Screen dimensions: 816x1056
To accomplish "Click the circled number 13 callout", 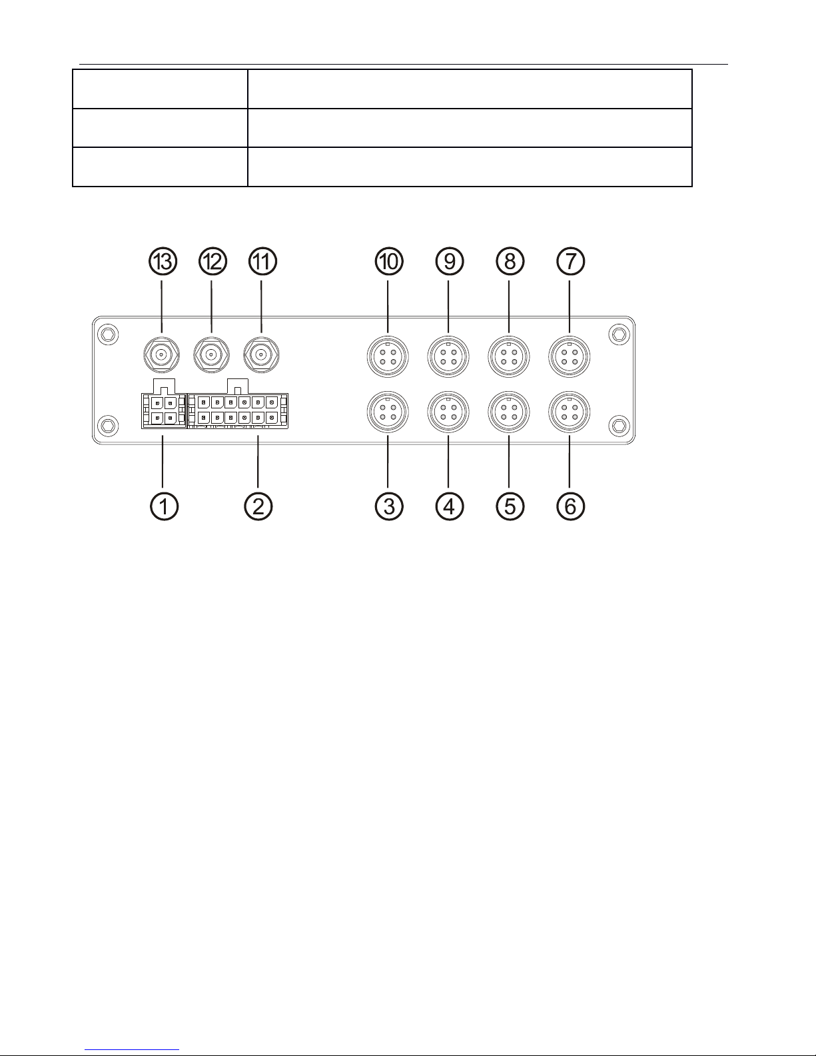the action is click(163, 262).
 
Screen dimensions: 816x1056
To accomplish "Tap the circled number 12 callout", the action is click(212, 262).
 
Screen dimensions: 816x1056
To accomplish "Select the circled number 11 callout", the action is click(261, 262).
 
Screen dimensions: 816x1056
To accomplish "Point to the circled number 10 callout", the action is click(389, 262).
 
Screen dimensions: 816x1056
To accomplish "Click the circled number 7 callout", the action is click(570, 262).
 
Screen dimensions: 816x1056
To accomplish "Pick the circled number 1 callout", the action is click(163, 506).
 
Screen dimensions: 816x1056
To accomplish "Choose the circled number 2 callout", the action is click(258, 506).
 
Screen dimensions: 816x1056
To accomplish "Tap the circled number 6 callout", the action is click(570, 506).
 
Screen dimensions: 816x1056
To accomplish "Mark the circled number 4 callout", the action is click(449, 506).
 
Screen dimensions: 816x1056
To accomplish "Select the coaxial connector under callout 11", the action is click(261, 354).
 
